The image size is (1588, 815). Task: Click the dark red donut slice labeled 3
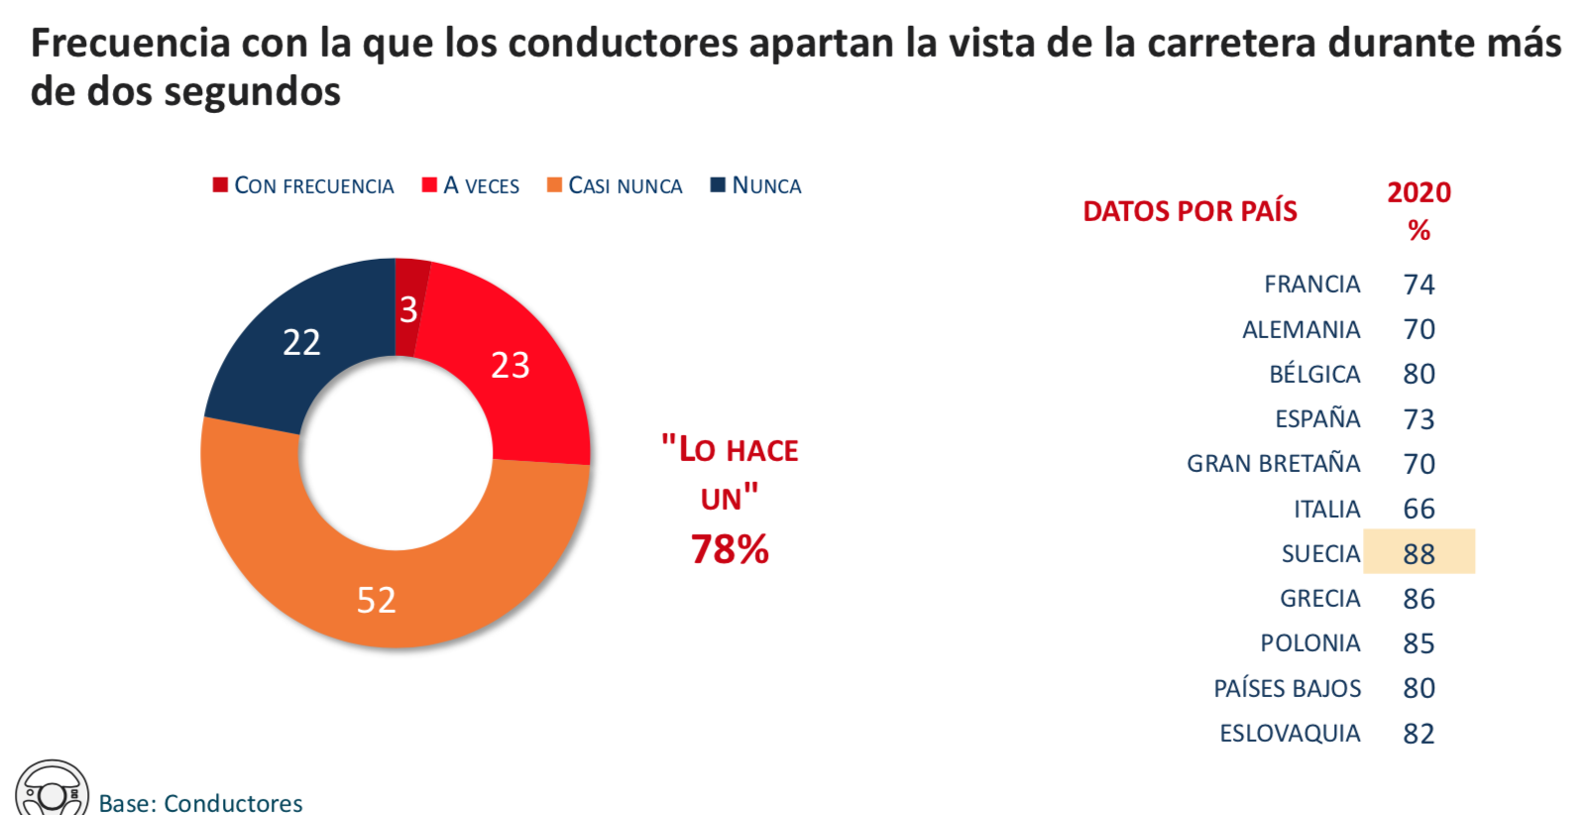(409, 307)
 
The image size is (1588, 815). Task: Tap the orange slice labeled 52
(378, 599)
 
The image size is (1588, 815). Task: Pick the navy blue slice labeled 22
(300, 342)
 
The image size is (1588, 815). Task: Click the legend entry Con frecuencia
(303, 185)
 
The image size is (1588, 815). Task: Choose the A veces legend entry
(471, 185)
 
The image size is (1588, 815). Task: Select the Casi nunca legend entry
(615, 185)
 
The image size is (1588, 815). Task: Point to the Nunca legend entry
(756, 185)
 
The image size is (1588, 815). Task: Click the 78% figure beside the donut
(730, 549)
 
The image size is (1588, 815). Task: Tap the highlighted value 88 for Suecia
(1418, 553)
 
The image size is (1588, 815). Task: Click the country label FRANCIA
(1311, 285)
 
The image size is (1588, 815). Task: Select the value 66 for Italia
(1418, 509)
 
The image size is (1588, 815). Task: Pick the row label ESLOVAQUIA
(1290, 733)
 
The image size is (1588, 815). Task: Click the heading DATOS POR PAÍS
(1190, 211)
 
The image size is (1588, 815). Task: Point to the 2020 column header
(1418, 192)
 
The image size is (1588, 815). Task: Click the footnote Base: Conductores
(200, 802)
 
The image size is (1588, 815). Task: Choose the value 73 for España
(1418, 419)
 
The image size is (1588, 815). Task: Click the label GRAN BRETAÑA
(1273, 463)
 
